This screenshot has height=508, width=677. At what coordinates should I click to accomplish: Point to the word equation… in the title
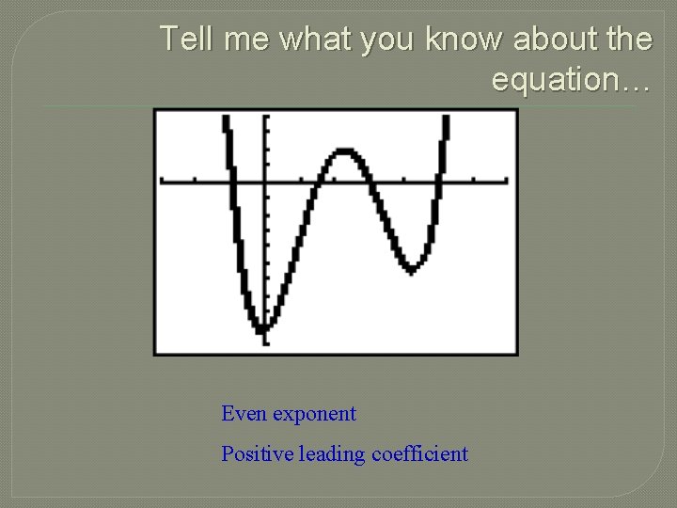(x=571, y=81)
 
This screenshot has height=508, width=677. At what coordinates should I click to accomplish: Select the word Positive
(x=257, y=453)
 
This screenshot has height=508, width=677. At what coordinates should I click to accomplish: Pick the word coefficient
(x=419, y=453)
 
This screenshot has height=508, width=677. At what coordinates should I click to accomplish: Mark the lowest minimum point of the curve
(x=264, y=329)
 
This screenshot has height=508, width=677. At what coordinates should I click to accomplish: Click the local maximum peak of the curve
(x=346, y=151)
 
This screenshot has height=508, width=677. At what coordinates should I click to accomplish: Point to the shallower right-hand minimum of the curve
(x=411, y=270)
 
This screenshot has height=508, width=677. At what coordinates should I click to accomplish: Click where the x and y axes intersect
(x=266, y=180)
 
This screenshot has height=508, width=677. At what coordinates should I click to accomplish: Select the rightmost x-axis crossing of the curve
(x=438, y=180)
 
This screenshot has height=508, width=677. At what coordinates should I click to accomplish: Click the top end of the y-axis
(x=266, y=117)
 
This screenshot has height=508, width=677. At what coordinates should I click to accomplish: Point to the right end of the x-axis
(x=507, y=180)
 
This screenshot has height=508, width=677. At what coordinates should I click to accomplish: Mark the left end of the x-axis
(x=162, y=180)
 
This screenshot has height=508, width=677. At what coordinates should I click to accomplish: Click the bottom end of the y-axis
(x=266, y=343)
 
